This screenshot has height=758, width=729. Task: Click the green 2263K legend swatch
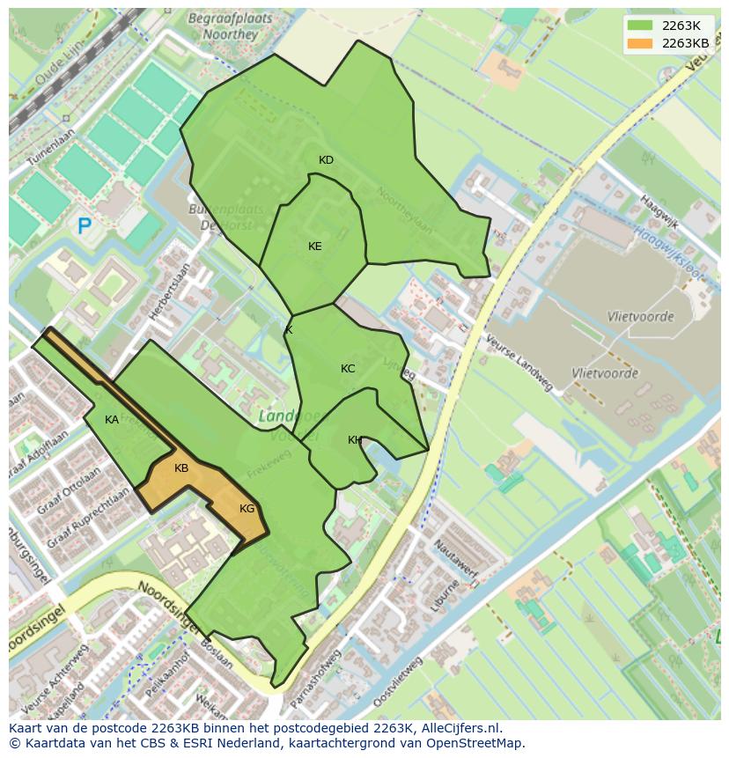640,26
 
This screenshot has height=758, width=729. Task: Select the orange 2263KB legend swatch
640,43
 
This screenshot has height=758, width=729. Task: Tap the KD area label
326,160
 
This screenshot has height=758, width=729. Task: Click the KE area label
314,247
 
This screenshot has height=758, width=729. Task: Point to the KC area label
348,369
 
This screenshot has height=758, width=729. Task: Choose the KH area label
354,440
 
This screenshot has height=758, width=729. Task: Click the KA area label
112,420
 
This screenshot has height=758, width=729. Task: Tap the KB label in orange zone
181,468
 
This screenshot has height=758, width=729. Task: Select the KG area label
247,509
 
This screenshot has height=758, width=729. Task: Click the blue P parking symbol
85,227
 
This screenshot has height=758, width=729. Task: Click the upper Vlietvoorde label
640,317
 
